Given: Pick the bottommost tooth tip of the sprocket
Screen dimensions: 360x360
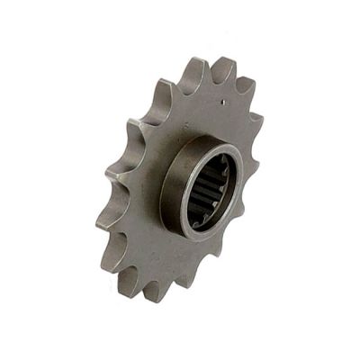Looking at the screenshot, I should [x=153, y=296].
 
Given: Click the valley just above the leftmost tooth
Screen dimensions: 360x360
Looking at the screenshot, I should [x=117, y=193].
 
